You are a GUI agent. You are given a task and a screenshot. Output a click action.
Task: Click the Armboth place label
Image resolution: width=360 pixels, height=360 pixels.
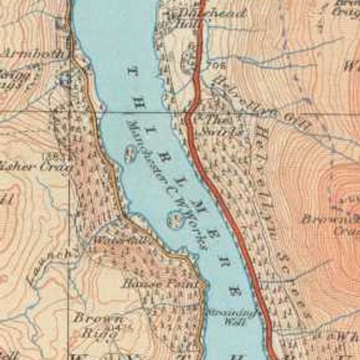[x=33, y=53]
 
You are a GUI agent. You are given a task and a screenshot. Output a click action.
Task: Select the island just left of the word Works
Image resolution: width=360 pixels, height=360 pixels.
[x=175, y=218]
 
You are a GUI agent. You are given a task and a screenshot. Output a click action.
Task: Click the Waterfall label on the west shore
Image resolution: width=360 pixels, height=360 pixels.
[x=110, y=239]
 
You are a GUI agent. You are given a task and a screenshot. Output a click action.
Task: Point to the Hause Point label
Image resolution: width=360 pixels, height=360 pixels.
[x=160, y=283]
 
